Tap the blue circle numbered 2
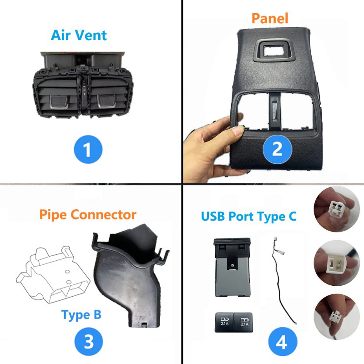pyautogui.click(x=277, y=149)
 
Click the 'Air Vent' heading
pyautogui.click(x=79, y=35)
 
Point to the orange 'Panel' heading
pyautogui.click(x=270, y=19)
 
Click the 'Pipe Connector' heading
pyautogui.click(x=87, y=214)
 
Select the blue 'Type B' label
pyautogui.click(x=81, y=314)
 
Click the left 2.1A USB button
pyautogui.click(x=224, y=321)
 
